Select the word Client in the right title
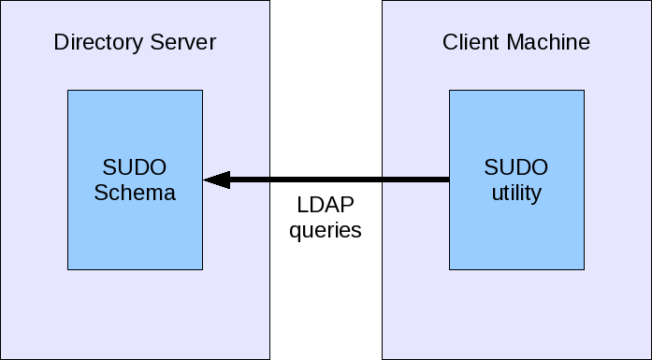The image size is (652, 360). tap(470, 43)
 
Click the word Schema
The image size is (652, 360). tap(135, 194)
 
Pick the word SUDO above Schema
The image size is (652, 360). tap(135, 168)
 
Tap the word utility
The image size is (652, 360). tap(516, 194)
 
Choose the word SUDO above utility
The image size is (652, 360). tap(516, 168)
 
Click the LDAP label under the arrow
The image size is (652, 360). tap(326, 205)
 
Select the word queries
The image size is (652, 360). tap(326, 230)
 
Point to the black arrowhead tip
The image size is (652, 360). tap(205, 180)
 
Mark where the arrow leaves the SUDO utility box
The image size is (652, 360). tap(450, 180)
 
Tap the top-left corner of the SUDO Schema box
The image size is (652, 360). tap(67, 91)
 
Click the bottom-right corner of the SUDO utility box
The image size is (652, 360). tap(584, 269)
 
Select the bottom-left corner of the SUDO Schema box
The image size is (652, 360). tap(67, 269)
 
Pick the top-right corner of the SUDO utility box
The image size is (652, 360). tap(584, 91)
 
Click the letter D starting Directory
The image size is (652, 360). tap(61, 43)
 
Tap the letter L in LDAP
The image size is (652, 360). tap(302, 205)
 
